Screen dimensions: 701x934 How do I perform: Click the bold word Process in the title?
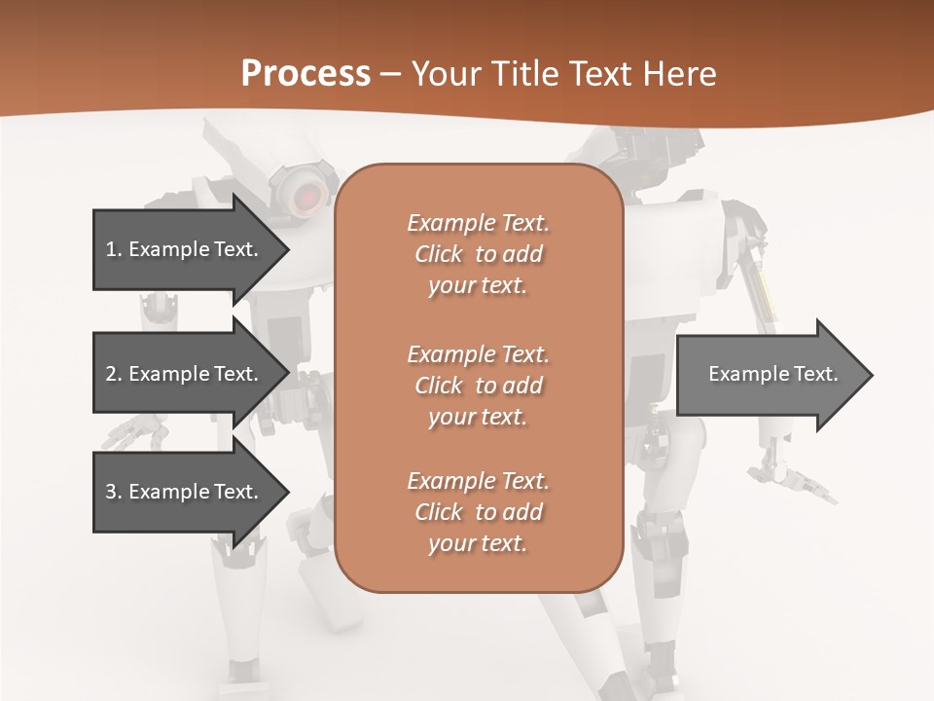[305, 74]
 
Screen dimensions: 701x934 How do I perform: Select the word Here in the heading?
[680, 74]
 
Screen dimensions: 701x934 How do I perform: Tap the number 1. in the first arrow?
[114, 249]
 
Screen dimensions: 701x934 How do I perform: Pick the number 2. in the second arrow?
[114, 374]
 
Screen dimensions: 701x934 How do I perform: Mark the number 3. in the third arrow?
[114, 492]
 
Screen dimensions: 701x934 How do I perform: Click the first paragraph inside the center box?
[478, 254]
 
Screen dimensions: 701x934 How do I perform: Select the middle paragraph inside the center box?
[478, 385]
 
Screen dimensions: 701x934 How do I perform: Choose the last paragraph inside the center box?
[478, 511]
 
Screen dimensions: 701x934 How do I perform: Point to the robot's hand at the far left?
[135, 429]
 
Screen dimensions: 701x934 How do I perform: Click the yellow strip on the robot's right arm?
[764, 291]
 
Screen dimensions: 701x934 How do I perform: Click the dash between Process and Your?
[391, 75]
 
